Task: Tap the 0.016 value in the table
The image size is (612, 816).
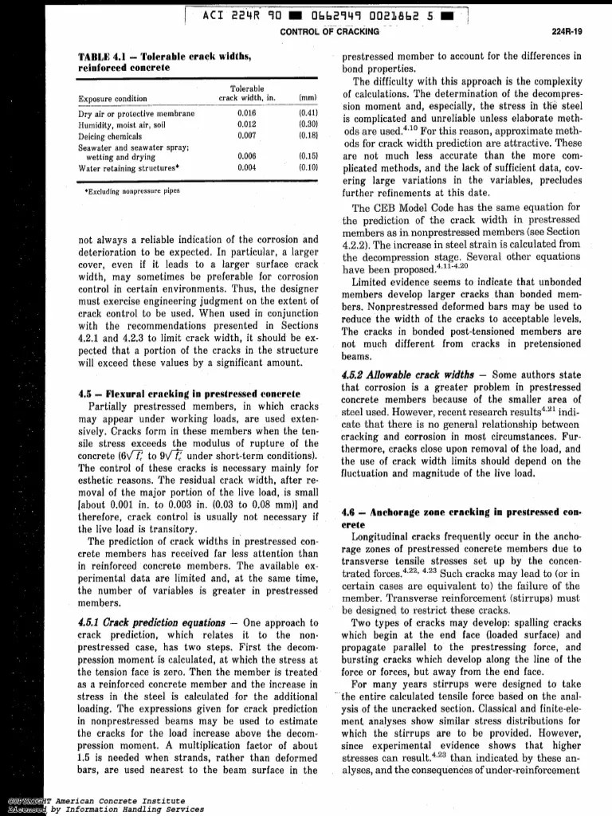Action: [x=246, y=113]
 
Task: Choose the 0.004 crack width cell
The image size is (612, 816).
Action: [x=246, y=168]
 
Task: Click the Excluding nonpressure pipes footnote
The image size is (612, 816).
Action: [x=129, y=192]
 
